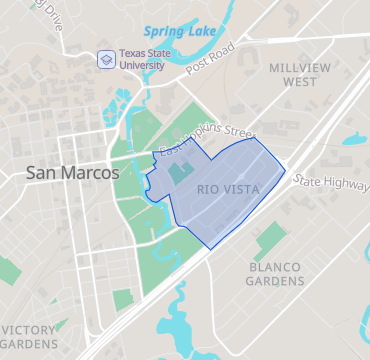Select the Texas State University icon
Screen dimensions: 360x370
[x=105, y=60]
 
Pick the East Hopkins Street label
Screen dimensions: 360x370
[x=206, y=139]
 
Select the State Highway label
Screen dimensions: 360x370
[x=330, y=183]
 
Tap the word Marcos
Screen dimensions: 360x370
[x=88, y=172]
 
